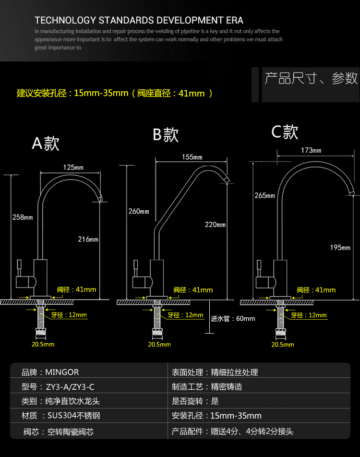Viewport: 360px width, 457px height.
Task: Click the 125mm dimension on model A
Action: (73, 168)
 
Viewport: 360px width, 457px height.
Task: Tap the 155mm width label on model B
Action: (192, 157)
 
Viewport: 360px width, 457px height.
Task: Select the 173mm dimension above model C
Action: (311, 150)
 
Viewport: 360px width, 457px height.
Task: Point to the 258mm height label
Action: (23, 217)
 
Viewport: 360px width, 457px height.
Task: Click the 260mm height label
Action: (139, 211)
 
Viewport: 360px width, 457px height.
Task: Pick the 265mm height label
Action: (264, 195)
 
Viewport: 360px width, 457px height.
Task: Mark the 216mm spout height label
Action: (88, 239)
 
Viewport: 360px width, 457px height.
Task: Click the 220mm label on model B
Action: (215, 224)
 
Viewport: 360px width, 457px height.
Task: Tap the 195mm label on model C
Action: (340, 247)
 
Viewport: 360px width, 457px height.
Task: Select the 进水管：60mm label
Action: (233, 318)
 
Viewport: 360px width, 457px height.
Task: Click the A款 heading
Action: (46, 143)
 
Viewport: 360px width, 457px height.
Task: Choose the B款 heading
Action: (166, 135)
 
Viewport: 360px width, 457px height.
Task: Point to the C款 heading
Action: (285, 132)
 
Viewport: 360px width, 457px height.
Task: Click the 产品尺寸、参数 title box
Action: (311, 78)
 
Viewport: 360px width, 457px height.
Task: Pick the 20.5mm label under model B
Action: (159, 344)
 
